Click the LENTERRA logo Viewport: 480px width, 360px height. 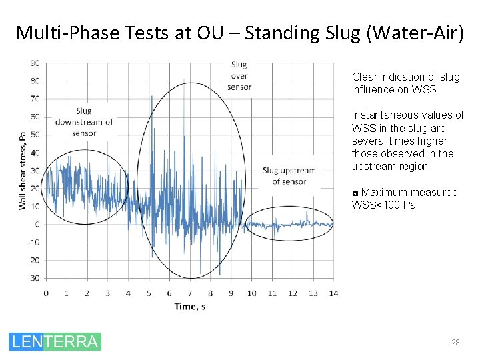coord(55,342)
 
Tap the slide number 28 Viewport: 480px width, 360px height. coord(455,343)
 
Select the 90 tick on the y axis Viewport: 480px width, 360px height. coord(35,63)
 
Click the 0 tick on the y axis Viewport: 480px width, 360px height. coord(37,225)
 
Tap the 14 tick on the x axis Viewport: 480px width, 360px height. coord(334,293)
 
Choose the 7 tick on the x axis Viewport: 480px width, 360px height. coord(190,293)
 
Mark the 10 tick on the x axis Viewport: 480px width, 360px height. coord(251,293)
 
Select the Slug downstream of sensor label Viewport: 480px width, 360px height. coord(84,121)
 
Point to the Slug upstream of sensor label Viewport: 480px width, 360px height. coord(289,175)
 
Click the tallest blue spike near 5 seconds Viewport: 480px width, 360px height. coord(151,97)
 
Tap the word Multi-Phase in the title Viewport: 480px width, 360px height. coord(59,32)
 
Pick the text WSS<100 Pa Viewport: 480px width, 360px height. coord(383,205)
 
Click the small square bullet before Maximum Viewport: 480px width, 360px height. coord(355,193)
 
